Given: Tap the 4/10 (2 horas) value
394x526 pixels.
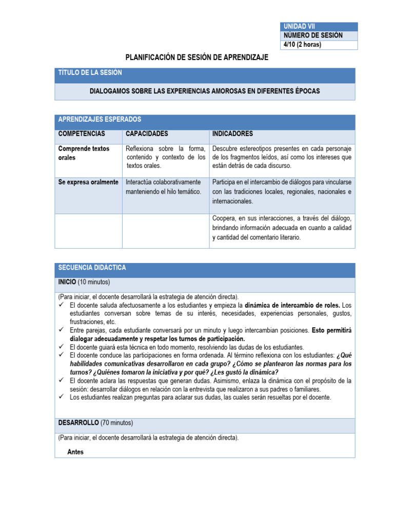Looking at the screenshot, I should (x=303, y=45).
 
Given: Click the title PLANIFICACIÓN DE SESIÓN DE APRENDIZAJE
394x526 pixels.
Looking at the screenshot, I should (x=197, y=58).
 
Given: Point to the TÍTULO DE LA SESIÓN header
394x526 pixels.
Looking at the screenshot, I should (x=90, y=73).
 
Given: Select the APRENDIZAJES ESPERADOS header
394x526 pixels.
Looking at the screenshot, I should (x=100, y=119).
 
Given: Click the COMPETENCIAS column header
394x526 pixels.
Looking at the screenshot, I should (x=82, y=134).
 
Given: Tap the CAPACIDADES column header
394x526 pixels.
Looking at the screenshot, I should (x=147, y=134).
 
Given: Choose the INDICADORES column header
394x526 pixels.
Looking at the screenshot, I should (x=232, y=134).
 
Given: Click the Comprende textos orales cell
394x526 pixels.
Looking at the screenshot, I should (x=84, y=153).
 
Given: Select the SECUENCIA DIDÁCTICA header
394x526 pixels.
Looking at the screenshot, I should (x=92, y=268).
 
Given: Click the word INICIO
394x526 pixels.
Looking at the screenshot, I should (x=67, y=282).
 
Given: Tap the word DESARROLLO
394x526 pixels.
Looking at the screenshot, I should (x=78, y=423).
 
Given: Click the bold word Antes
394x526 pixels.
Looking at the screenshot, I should (x=75, y=452).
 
